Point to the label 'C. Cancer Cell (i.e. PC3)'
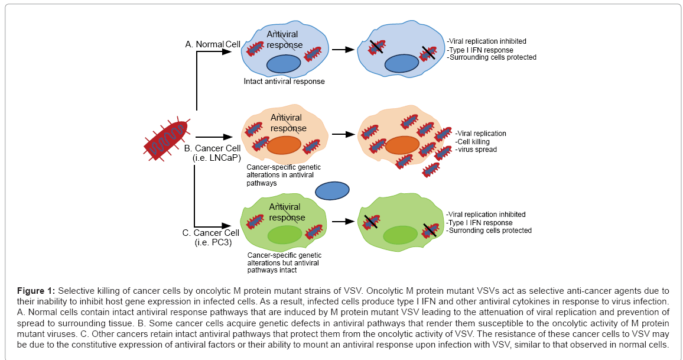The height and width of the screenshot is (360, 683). (x=210, y=238)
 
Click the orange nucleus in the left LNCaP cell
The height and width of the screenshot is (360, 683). (x=284, y=145)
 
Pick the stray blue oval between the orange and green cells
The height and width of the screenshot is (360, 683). (x=333, y=190)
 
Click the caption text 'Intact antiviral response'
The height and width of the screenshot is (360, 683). (x=284, y=82)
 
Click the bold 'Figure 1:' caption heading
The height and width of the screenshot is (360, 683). (x=36, y=290)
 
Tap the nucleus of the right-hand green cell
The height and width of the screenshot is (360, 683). (x=401, y=235)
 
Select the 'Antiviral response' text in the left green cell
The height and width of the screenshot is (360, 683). (x=287, y=212)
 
